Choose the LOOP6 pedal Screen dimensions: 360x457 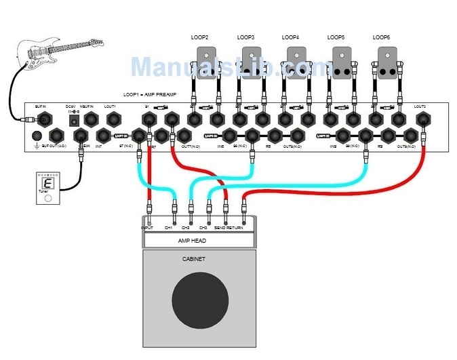(x=387, y=62)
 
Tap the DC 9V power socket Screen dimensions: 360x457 (x=71, y=121)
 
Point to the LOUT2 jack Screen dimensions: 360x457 (x=422, y=120)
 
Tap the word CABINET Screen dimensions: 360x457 (x=195, y=259)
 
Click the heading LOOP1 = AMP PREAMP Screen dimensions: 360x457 (x=149, y=95)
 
